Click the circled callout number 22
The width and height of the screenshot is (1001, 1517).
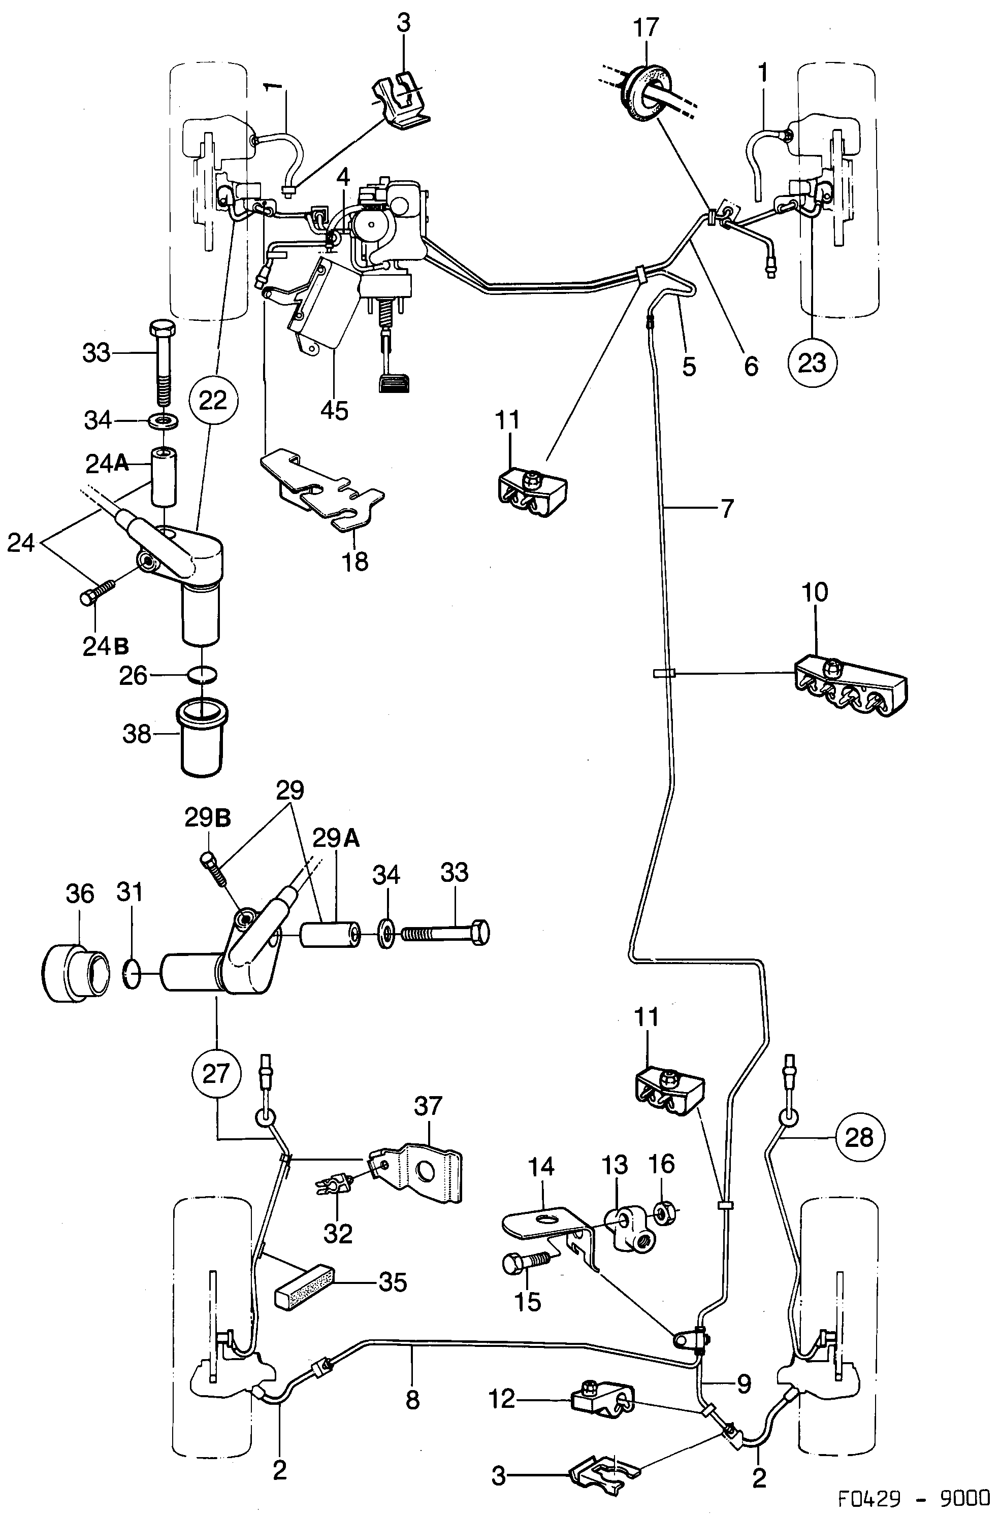point(213,401)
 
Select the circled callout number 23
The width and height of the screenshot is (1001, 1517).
point(812,362)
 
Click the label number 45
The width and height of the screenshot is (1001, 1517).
point(335,410)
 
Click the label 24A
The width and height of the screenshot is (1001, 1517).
point(107,464)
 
